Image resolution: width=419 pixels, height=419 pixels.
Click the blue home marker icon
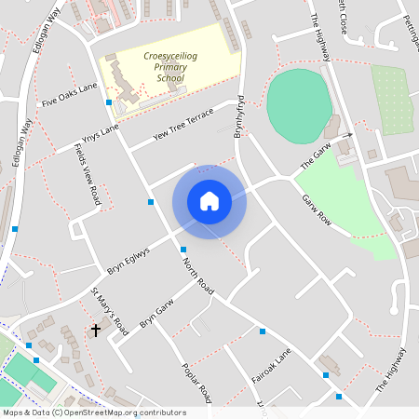209,201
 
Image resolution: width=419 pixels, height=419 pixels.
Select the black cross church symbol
95,330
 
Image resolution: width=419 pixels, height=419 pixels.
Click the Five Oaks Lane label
69,95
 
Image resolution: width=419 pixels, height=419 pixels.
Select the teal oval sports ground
298,104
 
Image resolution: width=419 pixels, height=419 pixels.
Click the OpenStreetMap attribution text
93,412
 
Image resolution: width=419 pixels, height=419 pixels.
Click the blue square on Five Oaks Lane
109,101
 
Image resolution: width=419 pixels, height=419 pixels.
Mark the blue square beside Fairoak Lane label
263,331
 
